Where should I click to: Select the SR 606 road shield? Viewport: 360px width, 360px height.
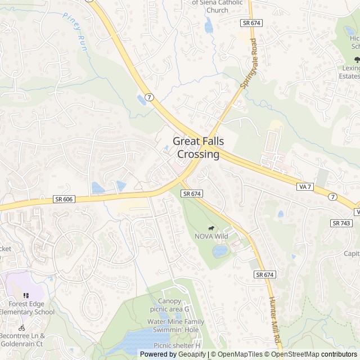(65, 199)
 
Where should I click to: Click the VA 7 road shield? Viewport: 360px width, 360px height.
(305, 186)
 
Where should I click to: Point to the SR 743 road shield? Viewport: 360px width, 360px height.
(341, 223)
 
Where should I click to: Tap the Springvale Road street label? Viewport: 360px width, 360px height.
(248, 63)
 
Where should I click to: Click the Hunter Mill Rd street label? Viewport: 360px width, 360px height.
(274, 321)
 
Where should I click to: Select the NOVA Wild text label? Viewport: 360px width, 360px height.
(211, 236)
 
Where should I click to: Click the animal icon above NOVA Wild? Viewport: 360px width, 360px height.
(211, 228)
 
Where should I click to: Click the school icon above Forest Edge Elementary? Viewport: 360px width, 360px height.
(26, 295)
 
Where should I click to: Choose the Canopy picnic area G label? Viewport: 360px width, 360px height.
(169, 305)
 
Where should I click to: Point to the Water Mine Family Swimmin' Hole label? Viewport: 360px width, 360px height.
(176, 326)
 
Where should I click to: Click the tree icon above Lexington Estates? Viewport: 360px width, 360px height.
(356, 59)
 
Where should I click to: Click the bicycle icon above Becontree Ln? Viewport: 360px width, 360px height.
(21, 327)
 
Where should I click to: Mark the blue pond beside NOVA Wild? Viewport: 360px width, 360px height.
(220, 251)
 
